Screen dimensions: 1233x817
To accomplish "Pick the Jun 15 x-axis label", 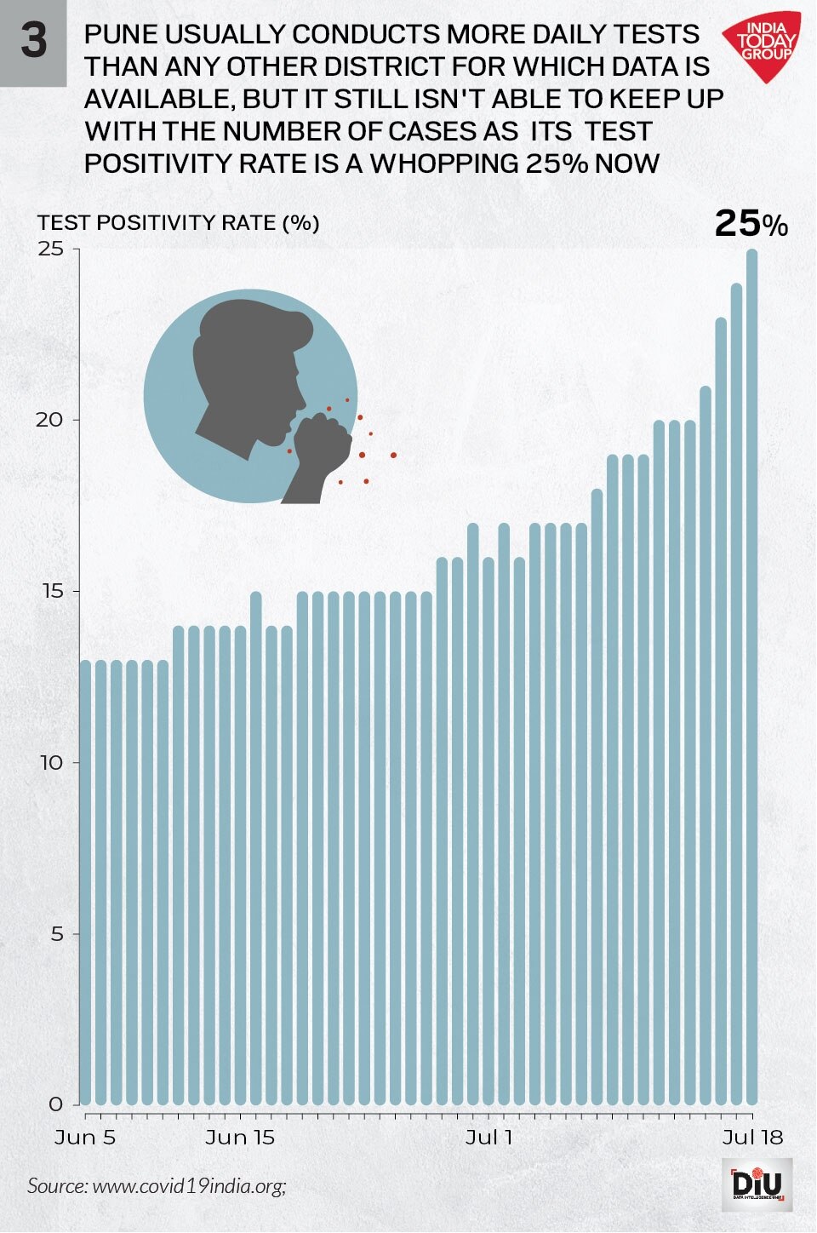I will point(240,1138).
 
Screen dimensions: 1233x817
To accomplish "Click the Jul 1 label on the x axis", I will point(489,1138).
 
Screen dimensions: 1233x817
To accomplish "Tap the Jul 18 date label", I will point(752,1138).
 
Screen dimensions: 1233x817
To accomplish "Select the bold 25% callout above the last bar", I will point(751,224).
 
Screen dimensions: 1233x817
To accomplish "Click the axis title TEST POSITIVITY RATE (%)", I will point(179,223).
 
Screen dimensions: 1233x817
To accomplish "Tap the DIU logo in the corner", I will point(762,1184).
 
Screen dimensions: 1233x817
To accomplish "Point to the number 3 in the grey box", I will point(33,40).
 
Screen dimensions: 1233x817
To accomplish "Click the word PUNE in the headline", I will point(121,35).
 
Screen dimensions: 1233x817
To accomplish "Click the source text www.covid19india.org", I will point(188,1185).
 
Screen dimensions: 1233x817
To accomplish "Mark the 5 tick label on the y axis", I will point(57,933).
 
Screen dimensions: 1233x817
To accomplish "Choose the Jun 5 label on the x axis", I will point(85,1138).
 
